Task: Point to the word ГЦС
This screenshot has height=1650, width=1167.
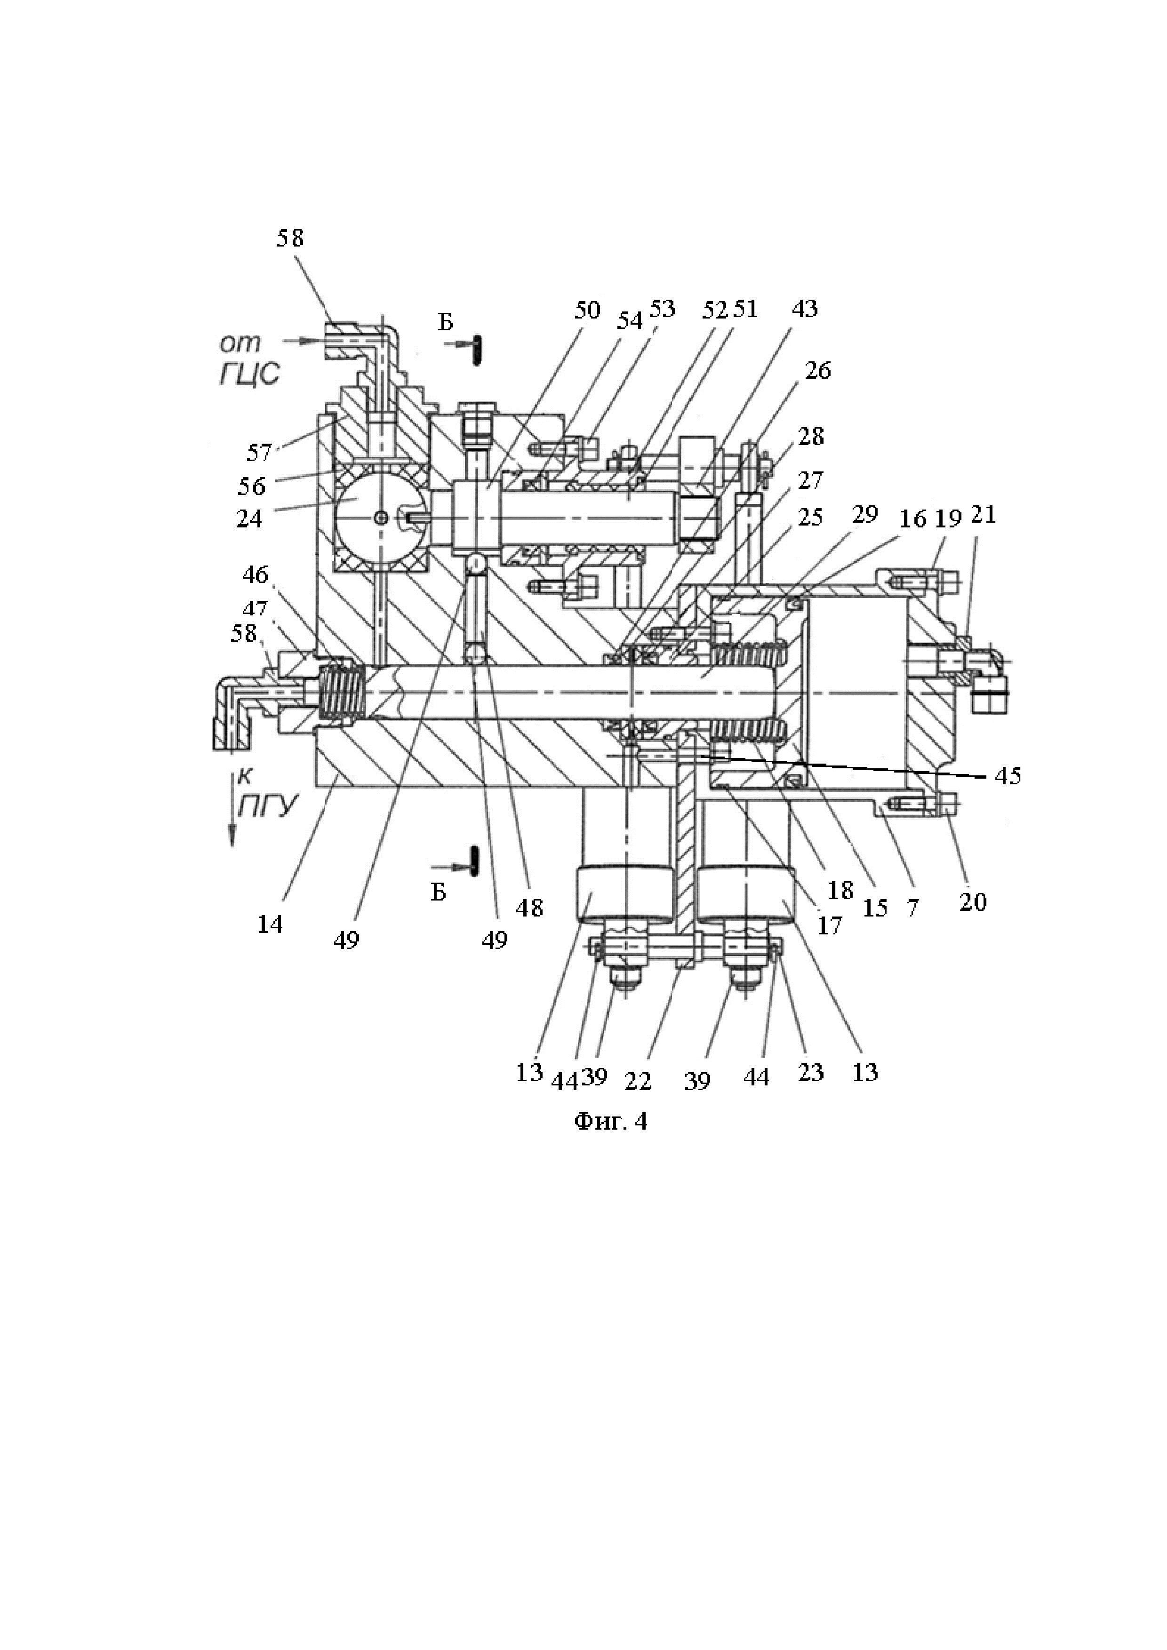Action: coord(248,375)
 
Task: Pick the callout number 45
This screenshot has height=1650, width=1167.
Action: coord(1007,775)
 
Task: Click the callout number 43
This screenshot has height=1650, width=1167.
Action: coord(804,309)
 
